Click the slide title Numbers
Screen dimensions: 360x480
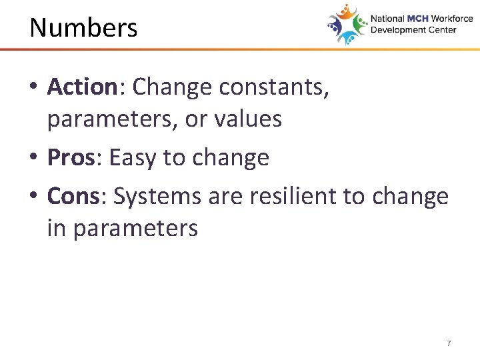click(x=83, y=28)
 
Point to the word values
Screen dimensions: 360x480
click(x=249, y=119)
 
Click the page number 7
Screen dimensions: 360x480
click(x=449, y=343)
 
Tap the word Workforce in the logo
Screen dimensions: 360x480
click(x=451, y=19)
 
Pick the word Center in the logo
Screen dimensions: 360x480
click(x=441, y=30)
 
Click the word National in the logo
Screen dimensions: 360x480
click(x=388, y=19)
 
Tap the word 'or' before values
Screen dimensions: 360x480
click(x=197, y=119)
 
